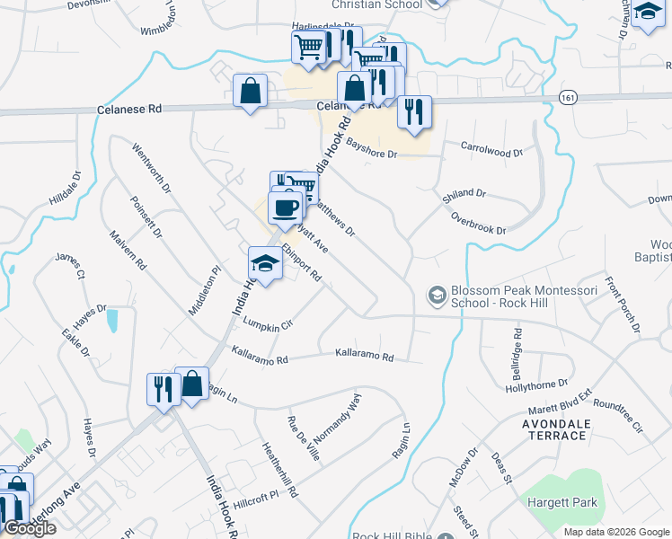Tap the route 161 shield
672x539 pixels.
566,96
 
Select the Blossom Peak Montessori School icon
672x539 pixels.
437,295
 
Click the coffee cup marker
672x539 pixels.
286,208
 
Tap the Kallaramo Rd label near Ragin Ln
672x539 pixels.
364,357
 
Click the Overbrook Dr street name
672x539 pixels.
479,224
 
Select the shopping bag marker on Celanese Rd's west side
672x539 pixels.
250,92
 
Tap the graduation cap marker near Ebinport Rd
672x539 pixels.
265,264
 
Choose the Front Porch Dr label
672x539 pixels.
622,304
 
